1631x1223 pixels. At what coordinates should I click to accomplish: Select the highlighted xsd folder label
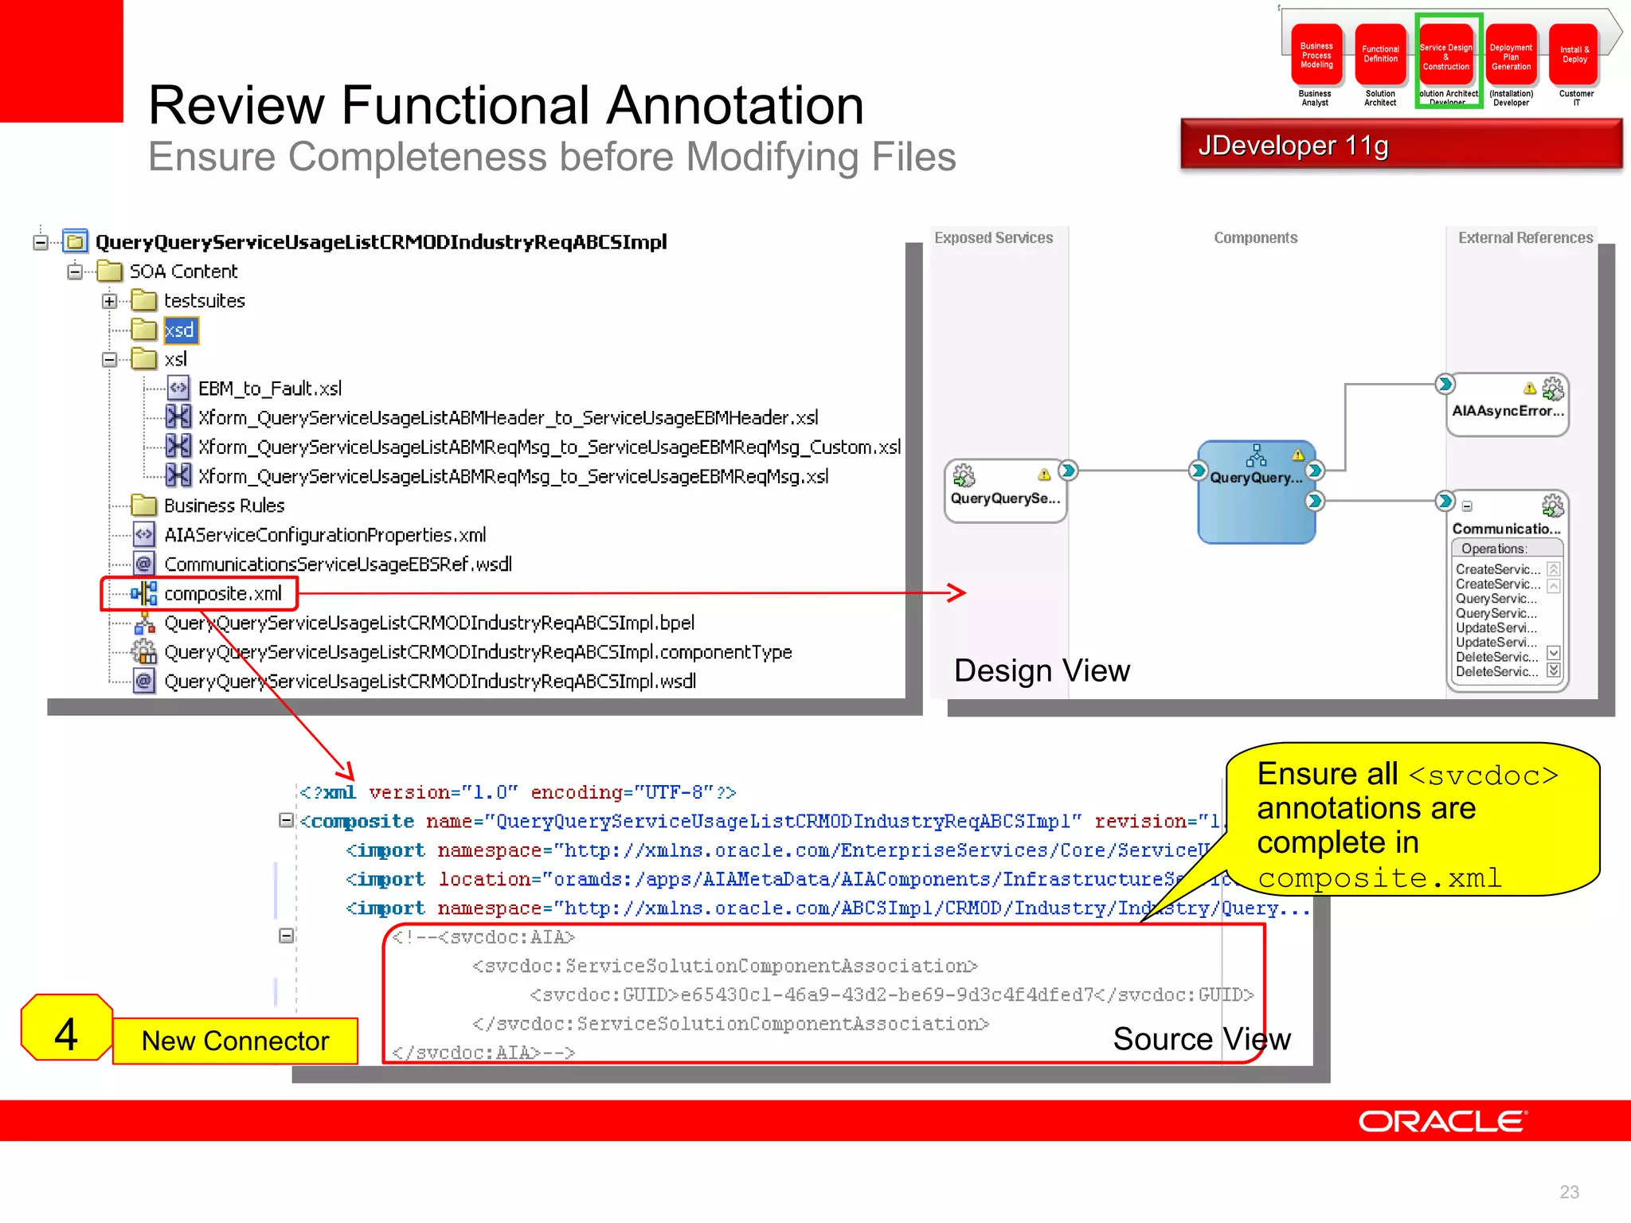[x=180, y=330]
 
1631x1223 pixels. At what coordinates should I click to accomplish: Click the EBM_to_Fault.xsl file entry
[x=269, y=389]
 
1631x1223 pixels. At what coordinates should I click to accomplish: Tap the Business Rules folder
[x=223, y=506]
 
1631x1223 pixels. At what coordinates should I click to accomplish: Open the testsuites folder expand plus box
[x=109, y=301]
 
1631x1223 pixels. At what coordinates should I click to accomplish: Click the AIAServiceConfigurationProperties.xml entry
[x=324, y=535]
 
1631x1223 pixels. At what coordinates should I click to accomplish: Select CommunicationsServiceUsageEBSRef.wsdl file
[x=337, y=565]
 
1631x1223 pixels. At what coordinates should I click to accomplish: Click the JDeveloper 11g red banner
[x=1400, y=146]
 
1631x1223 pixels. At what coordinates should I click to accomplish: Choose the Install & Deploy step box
[x=1574, y=55]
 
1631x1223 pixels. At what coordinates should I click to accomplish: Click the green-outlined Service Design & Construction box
[x=1446, y=57]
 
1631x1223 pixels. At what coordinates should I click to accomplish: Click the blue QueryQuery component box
[x=1256, y=492]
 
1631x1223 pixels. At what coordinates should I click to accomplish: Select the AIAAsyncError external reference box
[x=1508, y=405]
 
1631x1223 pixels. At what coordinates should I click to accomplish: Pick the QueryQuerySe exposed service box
[x=1005, y=491]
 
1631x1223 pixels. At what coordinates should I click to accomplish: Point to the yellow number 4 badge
[x=66, y=1033]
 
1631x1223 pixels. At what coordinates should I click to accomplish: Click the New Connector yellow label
[x=235, y=1041]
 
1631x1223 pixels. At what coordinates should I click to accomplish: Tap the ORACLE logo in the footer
[x=1441, y=1121]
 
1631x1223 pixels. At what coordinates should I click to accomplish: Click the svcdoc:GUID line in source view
[x=890, y=995]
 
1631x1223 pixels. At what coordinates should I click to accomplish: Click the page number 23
[x=1569, y=1192]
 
